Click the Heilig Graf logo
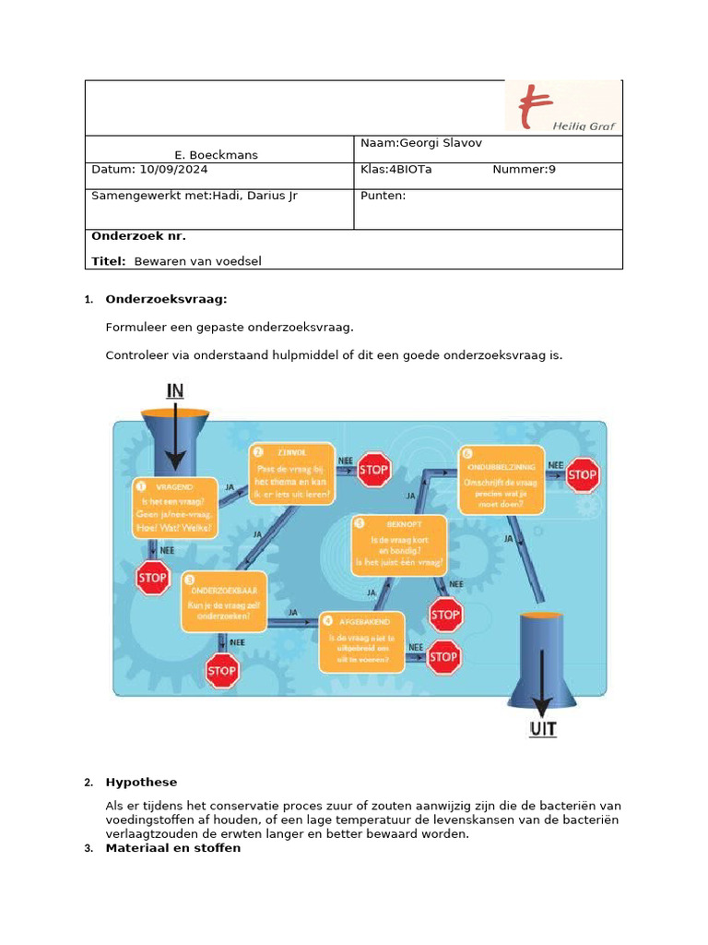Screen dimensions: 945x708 pos(562,107)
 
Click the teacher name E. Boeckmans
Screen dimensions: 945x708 pos(217,155)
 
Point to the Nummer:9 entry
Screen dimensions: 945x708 pos(524,170)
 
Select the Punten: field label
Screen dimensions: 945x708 pos(383,196)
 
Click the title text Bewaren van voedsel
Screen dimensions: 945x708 pos(197,261)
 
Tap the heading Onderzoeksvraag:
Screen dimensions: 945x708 pos(165,300)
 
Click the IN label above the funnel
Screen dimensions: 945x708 pos(174,390)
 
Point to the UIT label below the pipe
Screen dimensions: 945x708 pos(541,730)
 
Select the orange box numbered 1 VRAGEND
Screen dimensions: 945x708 pos(175,508)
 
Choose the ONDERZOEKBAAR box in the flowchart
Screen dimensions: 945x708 pos(224,601)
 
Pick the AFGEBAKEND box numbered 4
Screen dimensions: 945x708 pos(361,640)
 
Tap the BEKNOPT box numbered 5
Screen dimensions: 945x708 pos(399,545)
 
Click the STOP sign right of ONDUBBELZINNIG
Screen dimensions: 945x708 pos(583,476)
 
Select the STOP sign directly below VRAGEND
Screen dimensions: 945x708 pos(152,579)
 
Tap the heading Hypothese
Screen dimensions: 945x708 pos(141,783)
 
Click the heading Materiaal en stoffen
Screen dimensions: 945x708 pos(172,847)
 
